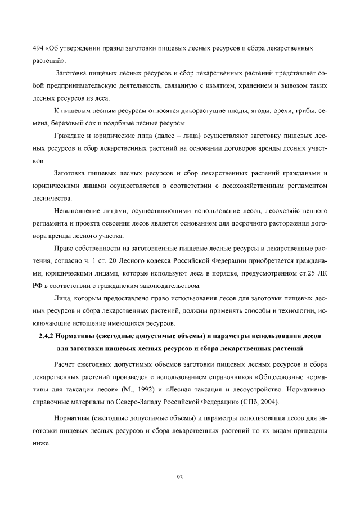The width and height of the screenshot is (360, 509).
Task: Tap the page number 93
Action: point(180,477)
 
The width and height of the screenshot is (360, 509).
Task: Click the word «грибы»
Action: point(297,111)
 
